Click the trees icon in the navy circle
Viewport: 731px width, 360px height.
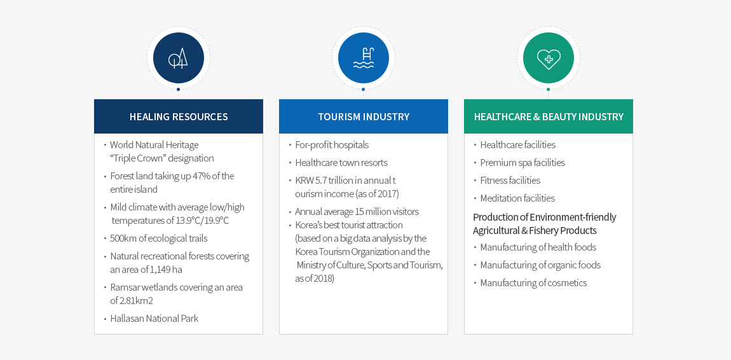coord(178,58)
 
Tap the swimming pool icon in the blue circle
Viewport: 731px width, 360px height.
coord(364,58)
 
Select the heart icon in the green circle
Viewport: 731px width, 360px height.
coord(549,59)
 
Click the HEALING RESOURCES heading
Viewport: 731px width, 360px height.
coord(179,116)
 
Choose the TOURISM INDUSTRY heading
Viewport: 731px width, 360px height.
coord(364,116)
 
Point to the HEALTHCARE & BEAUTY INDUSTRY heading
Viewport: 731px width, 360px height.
coord(549,116)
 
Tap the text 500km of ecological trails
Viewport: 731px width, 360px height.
coord(158,239)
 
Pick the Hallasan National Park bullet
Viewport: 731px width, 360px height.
coord(154,319)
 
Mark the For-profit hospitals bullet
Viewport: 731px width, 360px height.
coord(332,145)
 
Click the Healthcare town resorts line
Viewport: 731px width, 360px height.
coord(341,163)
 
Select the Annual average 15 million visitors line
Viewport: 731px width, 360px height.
coord(357,212)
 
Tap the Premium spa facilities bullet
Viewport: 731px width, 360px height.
coord(523,163)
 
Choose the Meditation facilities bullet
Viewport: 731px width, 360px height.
coord(517,198)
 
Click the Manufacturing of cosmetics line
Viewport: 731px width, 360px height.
coord(533,283)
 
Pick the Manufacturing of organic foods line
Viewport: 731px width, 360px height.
coord(540,265)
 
